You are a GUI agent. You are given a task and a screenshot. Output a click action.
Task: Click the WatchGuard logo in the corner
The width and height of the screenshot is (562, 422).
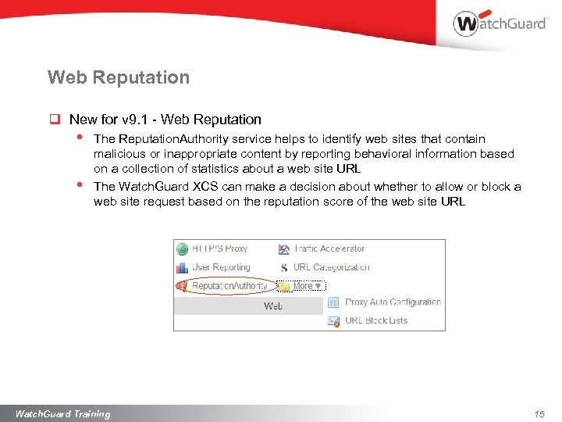[500, 23]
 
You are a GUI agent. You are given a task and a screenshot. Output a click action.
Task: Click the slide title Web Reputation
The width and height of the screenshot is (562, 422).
[118, 77]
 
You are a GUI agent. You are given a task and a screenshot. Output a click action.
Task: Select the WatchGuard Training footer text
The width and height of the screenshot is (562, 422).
[62, 414]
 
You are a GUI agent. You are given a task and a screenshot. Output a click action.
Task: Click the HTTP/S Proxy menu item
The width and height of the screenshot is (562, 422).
[219, 249]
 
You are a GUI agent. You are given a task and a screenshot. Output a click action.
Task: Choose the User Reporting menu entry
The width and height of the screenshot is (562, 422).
[221, 267]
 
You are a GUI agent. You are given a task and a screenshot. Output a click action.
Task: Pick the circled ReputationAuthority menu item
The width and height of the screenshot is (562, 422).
[229, 286]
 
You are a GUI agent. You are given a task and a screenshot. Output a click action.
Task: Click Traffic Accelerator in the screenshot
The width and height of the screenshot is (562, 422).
[329, 249]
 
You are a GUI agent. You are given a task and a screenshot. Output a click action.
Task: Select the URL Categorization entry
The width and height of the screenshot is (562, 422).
[331, 267]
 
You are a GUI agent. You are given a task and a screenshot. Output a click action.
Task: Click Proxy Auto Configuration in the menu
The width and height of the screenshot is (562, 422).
[393, 302]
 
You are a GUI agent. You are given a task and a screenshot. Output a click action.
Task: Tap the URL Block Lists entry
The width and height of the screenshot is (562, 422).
[376, 320]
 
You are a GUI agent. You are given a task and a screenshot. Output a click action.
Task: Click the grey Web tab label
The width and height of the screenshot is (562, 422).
[272, 306]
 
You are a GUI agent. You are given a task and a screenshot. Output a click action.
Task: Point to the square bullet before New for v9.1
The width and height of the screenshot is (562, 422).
[55, 120]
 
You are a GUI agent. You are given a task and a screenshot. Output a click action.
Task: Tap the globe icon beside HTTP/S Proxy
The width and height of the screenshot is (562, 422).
[183, 249]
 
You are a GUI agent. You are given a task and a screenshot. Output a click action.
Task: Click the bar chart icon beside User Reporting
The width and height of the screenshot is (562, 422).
[183, 267]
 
